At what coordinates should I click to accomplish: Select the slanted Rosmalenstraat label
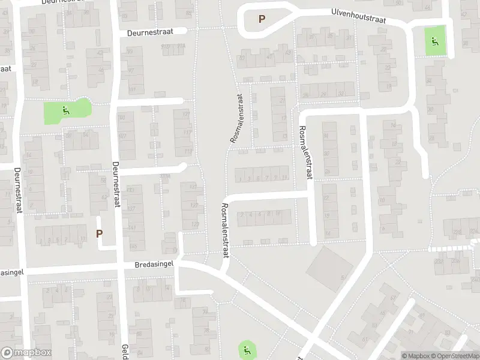pos(236,118)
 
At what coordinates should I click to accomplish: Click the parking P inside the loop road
pos(262,19)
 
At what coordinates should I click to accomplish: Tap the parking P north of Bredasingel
pos(100,233)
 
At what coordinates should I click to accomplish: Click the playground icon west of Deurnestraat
pos(67,110)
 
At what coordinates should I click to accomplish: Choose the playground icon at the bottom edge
pos(245,349)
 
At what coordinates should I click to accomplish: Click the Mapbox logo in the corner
pos(26,353)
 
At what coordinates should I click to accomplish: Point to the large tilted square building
pos(329,269)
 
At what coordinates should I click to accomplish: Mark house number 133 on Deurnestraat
pos(131,190)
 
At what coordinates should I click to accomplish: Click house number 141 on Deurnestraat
pos(131,228)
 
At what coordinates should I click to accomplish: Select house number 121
pos(193,187)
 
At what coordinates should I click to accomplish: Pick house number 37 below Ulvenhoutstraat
pos(348,37)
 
